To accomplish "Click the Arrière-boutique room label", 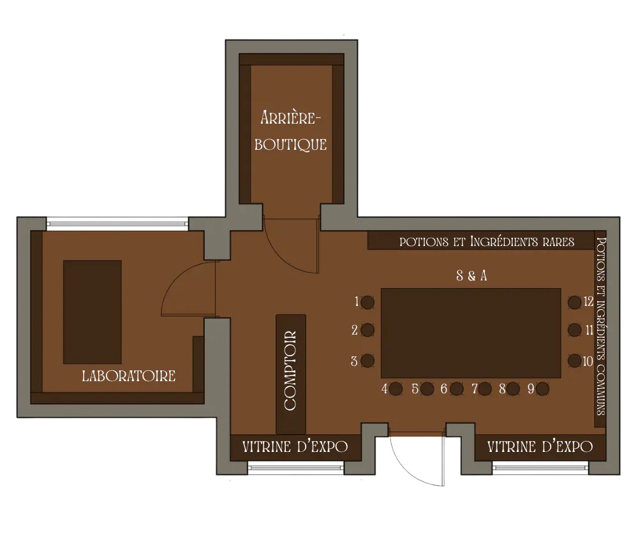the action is click(290, 131).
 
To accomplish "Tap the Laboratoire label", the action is click(129, 376).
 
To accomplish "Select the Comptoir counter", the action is click(291, 374).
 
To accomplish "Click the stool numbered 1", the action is click(368, 302).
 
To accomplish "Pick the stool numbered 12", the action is click(575, 302).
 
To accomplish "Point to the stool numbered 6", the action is click(457, 389).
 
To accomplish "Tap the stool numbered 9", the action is click(542, 389).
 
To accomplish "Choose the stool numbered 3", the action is click(368, 361).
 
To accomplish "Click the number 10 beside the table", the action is click(588, 361).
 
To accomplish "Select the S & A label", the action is click(471, 276).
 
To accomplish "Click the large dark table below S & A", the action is click(471, 333).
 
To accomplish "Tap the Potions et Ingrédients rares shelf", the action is click(481, 242).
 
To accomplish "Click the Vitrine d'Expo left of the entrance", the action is click(295, 447).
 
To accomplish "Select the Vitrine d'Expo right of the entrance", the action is click(540, 447).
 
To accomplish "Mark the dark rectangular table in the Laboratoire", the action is click(93, 312).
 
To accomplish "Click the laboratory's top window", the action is click(117, 222).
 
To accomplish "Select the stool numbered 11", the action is click(575, 330).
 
